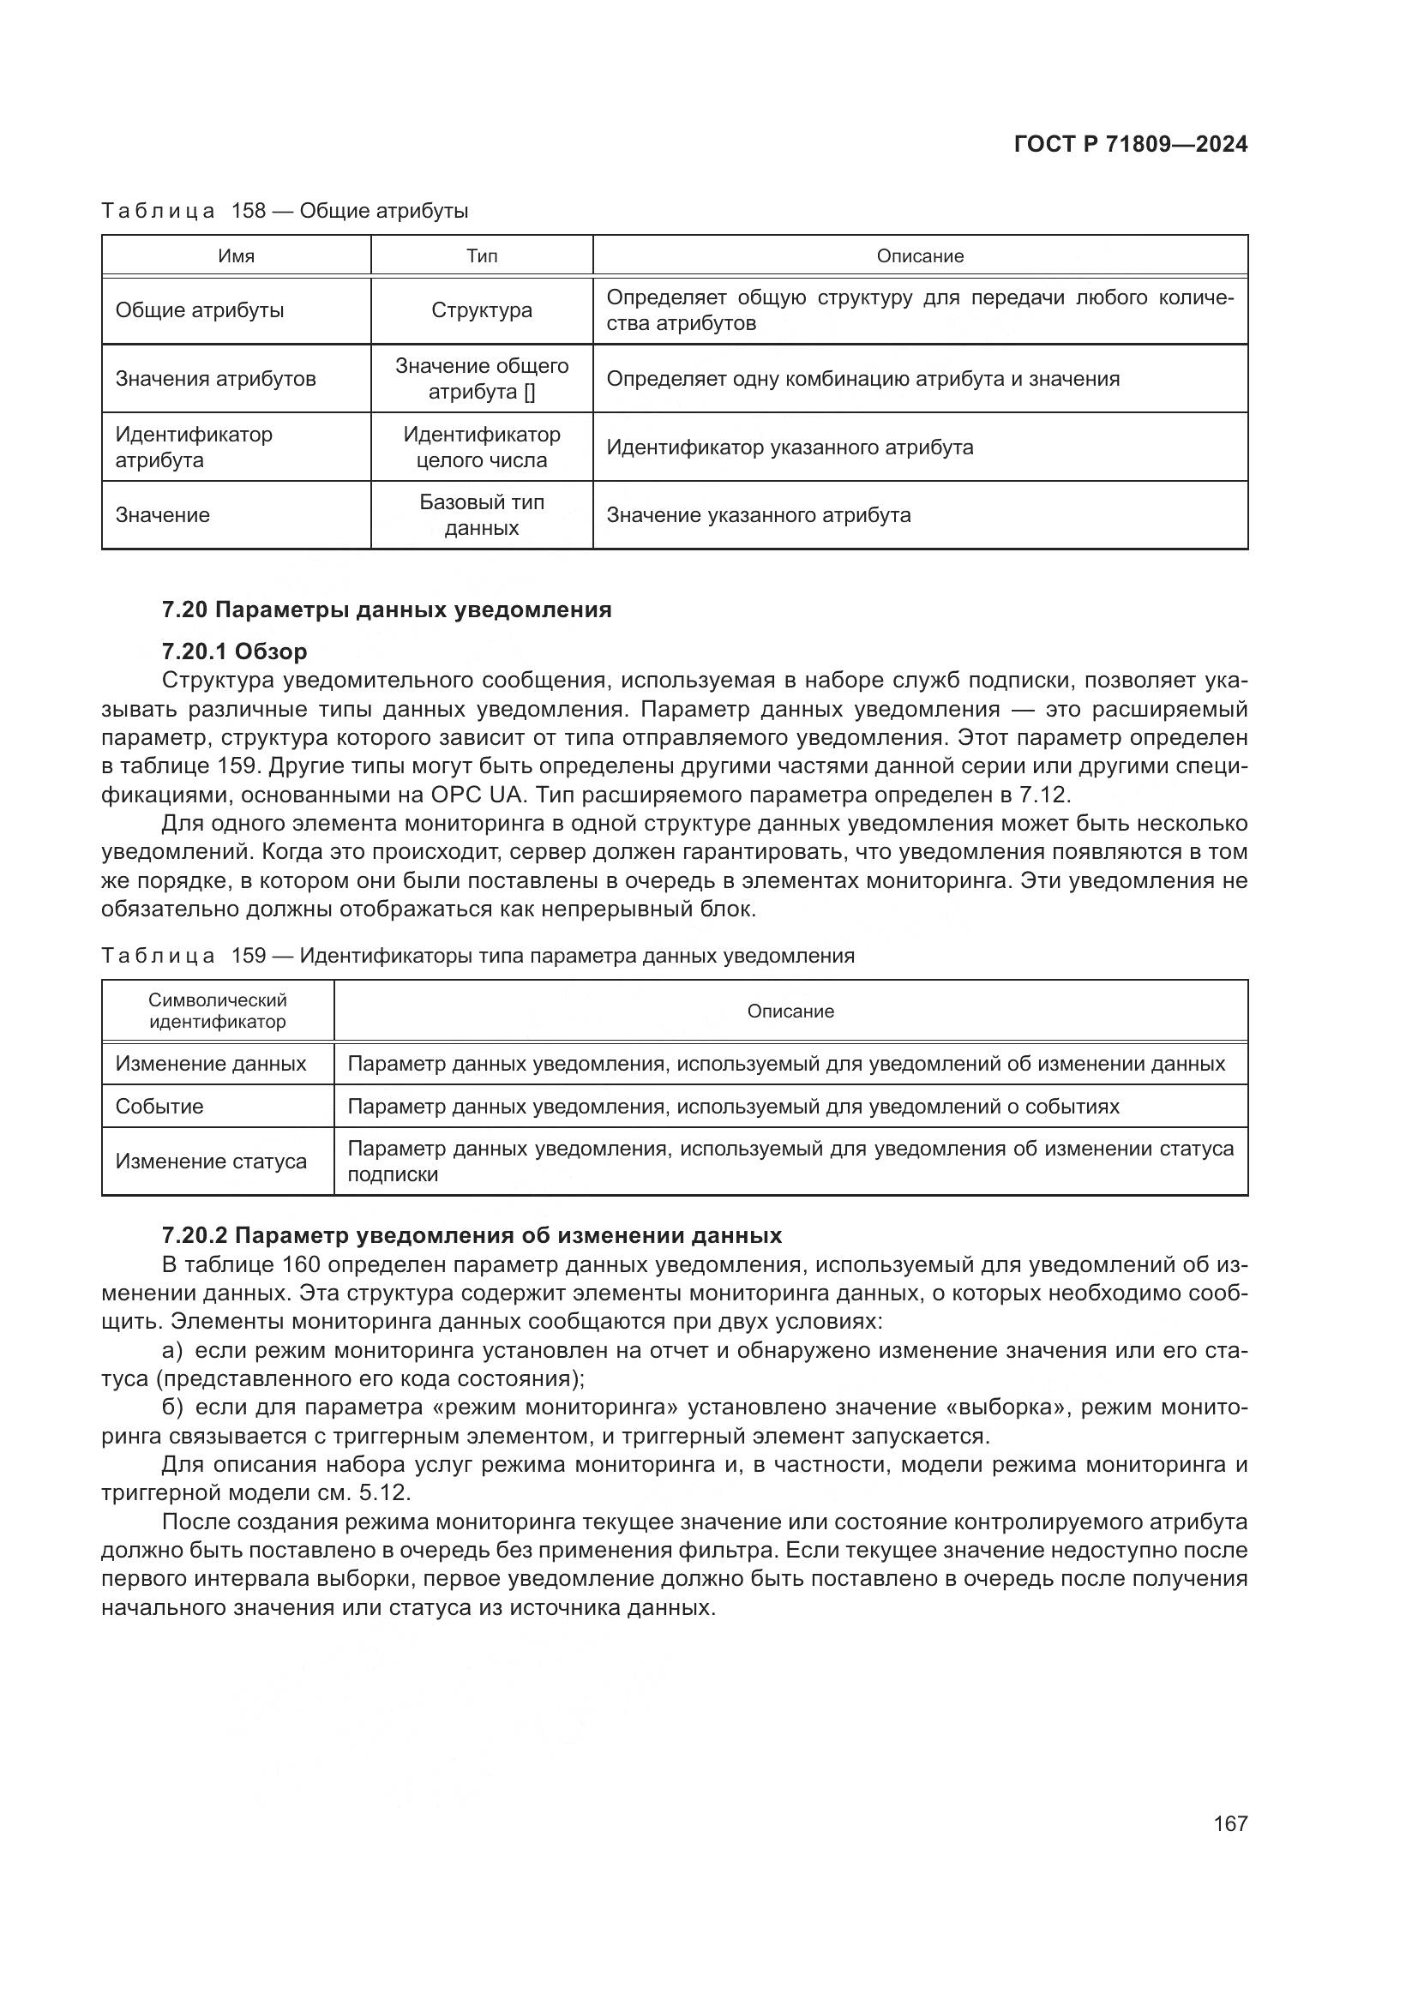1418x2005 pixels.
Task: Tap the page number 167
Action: pos(1229,1823)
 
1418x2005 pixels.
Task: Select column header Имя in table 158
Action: pos(236,255)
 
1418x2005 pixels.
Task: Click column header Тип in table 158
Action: pos(481,255)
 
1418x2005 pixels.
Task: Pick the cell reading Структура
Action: pos(481,311)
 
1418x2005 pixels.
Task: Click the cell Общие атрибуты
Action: pos(200,311)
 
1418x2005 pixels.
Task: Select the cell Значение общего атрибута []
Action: pos(481,379)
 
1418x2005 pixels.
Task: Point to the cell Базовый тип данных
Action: pos(481,515)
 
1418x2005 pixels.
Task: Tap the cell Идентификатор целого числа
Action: pos(481,447)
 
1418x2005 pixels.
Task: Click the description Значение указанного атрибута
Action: pos(758,515)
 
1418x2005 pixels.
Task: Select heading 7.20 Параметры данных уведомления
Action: pos(386,609)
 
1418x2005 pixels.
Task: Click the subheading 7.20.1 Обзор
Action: pos(234,651)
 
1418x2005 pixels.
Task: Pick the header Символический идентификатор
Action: pos(218,1011)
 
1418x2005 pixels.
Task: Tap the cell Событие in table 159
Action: pos(159,1107)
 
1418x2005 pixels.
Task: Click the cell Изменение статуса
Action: pos(211,1162)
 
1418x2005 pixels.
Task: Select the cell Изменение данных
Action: pos(211,1064)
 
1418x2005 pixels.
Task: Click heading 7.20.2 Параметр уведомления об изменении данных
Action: pos(472,1236)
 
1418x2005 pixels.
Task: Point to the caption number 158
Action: pos(248,212)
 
